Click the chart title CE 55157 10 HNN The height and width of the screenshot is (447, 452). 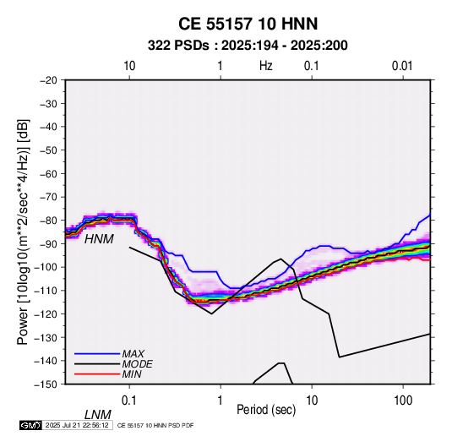248,24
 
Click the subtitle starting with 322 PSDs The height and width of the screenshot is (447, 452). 248,46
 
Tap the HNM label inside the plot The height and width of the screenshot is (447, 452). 99,239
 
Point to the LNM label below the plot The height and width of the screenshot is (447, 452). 98,415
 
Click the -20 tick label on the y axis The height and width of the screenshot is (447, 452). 48,80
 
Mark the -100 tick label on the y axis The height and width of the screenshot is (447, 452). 46,267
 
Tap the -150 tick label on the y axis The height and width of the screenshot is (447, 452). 46,384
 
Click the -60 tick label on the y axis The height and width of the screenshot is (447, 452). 48,173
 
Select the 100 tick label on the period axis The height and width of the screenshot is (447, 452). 403,401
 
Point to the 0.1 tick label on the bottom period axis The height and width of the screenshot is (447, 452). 129,401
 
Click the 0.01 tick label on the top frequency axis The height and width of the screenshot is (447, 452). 402,66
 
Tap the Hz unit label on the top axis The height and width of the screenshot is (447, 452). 266,66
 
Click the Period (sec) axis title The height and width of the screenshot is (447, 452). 266,410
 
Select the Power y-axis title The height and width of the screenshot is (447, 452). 23,232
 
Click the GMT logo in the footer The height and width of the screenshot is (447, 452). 30,425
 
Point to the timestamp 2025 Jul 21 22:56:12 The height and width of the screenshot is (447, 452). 77,425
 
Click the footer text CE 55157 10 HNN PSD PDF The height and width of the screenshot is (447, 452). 155,425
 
